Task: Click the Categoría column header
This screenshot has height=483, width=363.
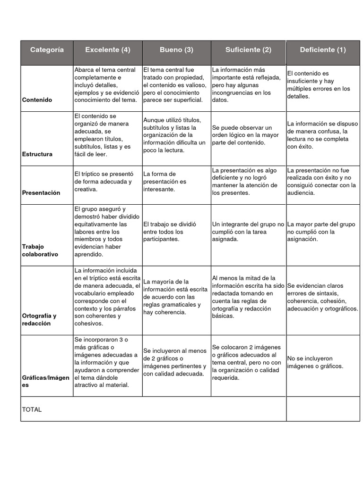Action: point(47,50)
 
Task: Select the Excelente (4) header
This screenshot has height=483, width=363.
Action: point(108,50)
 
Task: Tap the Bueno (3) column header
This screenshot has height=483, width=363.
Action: point(177,50)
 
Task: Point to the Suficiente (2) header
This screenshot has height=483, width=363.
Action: point(248,50)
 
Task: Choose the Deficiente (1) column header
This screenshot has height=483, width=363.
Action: point(323,50)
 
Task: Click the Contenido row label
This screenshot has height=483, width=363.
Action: point(37,100)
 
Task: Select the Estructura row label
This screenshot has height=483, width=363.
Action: point(37,154)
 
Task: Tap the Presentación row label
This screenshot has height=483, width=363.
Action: point(41,193)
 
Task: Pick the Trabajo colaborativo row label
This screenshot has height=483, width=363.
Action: point(40,250)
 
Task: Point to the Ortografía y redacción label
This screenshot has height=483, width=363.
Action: point(39,320)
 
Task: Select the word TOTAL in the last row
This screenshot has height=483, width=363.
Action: point(32,409)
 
